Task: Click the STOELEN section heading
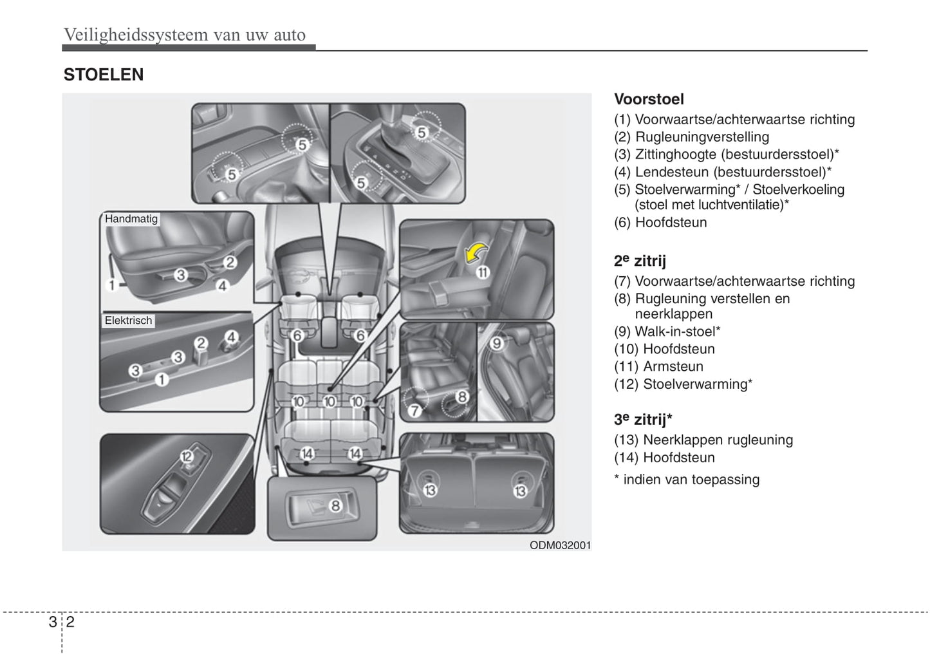(x=103, y=75)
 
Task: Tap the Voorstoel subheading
(x=649, y=99)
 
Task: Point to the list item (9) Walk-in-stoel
(x=667, y=332)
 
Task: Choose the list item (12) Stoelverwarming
(x=683, y=384)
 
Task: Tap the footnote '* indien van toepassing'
(x=687, y=480)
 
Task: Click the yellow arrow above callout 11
(x=476, y=252)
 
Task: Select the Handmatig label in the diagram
(x=131, y=219)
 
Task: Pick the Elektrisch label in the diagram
(x=129, y=321)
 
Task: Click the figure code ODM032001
(x=560, y=545)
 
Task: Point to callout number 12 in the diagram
(x=187, y=457)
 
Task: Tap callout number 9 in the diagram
(x=496, y=344)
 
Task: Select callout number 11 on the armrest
(x=483, y=272)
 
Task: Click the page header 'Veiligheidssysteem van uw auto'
(x=185, y=35)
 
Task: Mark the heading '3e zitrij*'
(x=643, y=420)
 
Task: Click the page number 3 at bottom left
(x=51, y=622)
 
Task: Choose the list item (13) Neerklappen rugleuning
(x=703, y=440)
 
